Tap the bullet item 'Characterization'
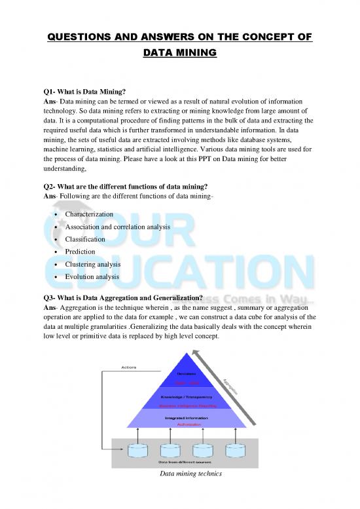89,214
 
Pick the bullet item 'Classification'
86,239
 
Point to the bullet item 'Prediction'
80,252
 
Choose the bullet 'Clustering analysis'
92,264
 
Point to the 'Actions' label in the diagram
129,367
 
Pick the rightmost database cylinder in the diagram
234,451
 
